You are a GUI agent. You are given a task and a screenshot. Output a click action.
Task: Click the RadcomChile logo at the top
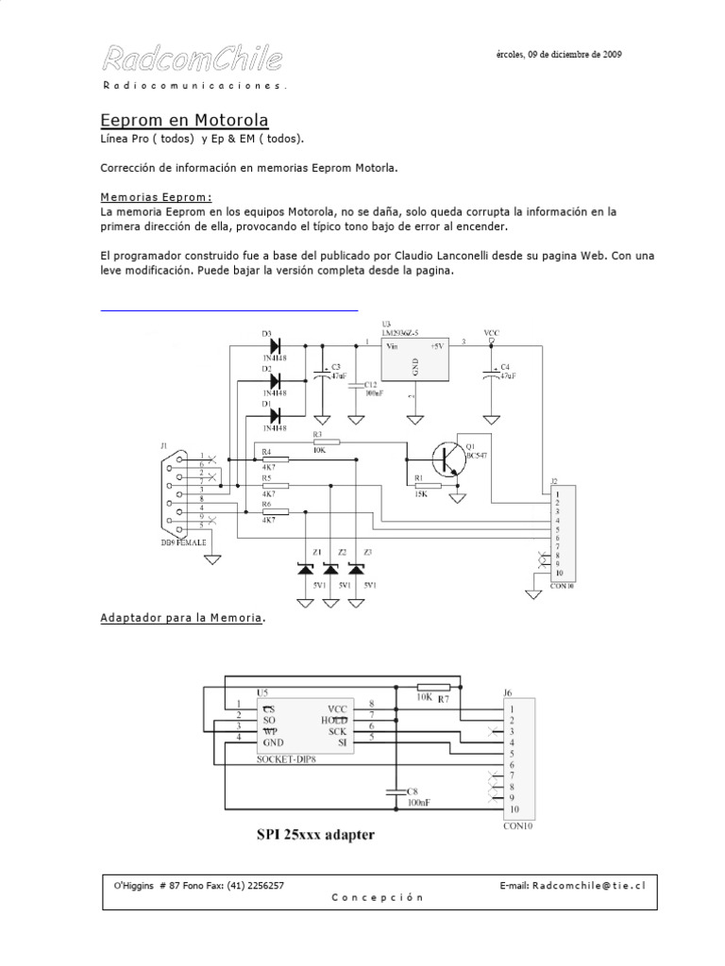[x=192, y=60]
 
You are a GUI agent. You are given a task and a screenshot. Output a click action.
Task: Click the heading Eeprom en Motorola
[x=185, y=121]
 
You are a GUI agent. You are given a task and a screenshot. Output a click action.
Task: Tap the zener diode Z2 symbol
[x=330, y=569]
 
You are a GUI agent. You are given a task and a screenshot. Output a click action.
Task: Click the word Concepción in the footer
[x=377, y=898]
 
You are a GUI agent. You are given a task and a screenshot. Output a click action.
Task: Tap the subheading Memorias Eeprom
[x=156, y=197]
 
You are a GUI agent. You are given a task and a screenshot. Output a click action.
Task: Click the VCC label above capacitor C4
[x=491, y=333]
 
